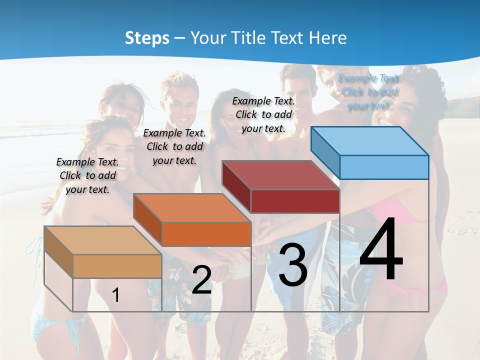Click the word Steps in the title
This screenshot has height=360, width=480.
tap(147, 38)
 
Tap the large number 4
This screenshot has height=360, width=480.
tap(381, 250)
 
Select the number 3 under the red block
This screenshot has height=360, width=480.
tap(292, 265)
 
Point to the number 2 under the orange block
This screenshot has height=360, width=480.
tap(201, 280)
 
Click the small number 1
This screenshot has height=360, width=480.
tap(115, 295)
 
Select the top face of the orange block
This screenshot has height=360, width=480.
tap(192, 207)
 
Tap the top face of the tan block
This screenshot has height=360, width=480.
tap(103, 240)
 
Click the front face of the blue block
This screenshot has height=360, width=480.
tap(384, 167)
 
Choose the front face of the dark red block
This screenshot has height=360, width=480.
tap(295, 201)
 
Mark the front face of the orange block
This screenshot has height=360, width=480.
tap(206, 234)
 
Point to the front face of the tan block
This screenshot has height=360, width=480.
tap(117, 266)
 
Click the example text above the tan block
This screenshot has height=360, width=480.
tap(87, 175)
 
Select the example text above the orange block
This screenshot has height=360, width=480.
tap(174, 146)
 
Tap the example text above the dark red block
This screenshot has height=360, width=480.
tap(263, 114)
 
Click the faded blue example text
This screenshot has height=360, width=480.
tap(369, 92)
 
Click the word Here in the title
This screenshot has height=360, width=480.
tap(328, 38)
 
